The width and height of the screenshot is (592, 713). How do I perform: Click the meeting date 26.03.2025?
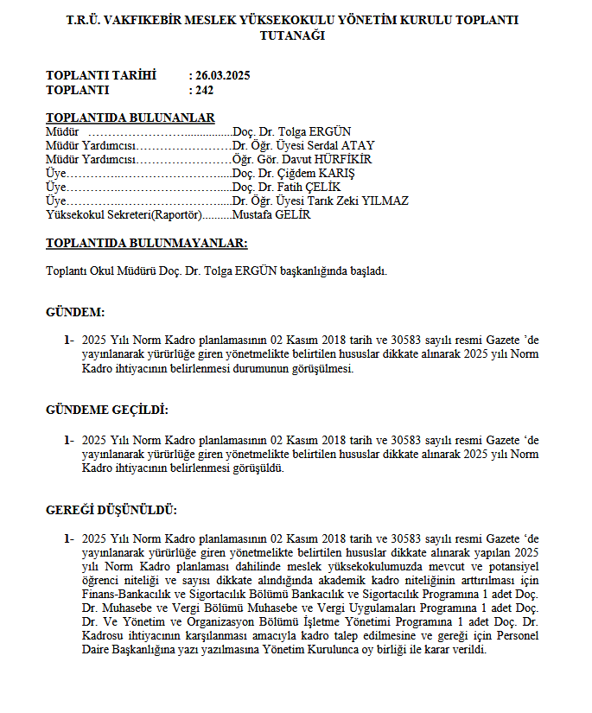223,76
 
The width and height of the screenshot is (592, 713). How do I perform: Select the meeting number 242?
205,89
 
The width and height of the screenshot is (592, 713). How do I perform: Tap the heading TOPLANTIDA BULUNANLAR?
130,118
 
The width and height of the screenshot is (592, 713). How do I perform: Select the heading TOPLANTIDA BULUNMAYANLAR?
146,244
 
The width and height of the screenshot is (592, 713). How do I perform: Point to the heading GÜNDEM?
75,312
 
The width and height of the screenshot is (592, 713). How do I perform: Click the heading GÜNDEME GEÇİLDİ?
107,410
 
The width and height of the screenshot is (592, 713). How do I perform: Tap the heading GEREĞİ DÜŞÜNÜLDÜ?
111,510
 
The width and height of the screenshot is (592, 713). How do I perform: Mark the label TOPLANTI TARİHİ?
101,76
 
